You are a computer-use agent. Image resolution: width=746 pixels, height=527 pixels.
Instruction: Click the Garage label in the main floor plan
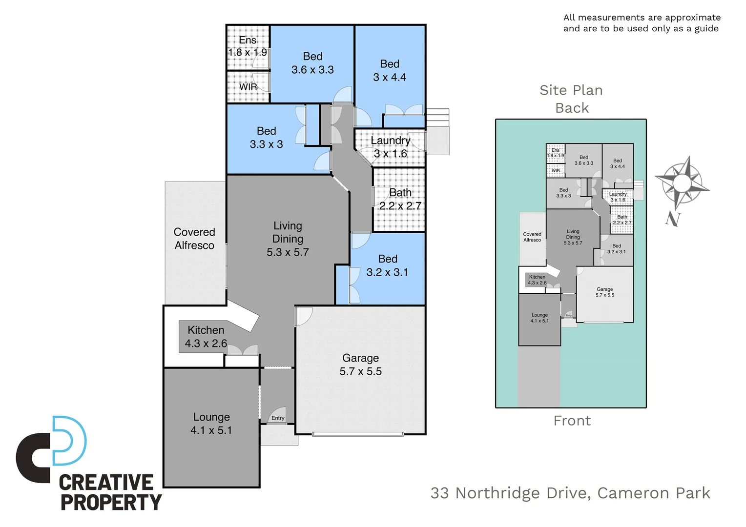(x=360, y=358)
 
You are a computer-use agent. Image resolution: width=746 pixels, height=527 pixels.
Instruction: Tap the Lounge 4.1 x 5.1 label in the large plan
(x=211, y=424)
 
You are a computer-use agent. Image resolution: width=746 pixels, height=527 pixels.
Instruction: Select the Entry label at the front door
(x=278, y=418)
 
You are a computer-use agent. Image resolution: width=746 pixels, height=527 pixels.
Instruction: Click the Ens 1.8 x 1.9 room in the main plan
(x=248, y=46)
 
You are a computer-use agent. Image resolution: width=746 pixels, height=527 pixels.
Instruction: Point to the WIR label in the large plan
(x=248, y=87)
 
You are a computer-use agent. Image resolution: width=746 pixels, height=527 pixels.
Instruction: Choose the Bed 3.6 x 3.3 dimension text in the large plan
(x=312, y=70)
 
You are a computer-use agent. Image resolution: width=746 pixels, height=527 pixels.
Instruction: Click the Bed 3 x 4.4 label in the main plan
(x=390, y=70)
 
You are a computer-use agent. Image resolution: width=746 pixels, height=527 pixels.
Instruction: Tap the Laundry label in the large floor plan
(x=390, y=141)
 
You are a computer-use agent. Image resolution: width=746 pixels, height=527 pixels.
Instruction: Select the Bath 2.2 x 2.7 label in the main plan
(x=400, y=199)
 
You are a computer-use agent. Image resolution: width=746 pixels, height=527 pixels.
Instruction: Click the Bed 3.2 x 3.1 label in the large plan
(x=388, y=265)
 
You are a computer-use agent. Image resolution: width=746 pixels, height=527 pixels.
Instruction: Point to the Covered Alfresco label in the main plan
(x=194, y=239)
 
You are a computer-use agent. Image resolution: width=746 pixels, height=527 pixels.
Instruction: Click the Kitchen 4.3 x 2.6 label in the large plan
(x=206, y=337)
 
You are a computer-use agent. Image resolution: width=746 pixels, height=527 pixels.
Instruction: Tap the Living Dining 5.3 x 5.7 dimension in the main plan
(x=288, y=252)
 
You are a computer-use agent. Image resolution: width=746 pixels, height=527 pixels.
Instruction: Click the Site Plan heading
(x=571, y=90)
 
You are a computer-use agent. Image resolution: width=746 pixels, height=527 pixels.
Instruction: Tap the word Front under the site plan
(x=572, y=421)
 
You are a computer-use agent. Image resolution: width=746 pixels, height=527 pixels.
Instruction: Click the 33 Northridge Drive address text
(x=570, y=493)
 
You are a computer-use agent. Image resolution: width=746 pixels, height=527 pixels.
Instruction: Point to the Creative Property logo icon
(x=52, y=448)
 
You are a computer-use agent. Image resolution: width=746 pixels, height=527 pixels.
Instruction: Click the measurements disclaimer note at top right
(x=642, y=23)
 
